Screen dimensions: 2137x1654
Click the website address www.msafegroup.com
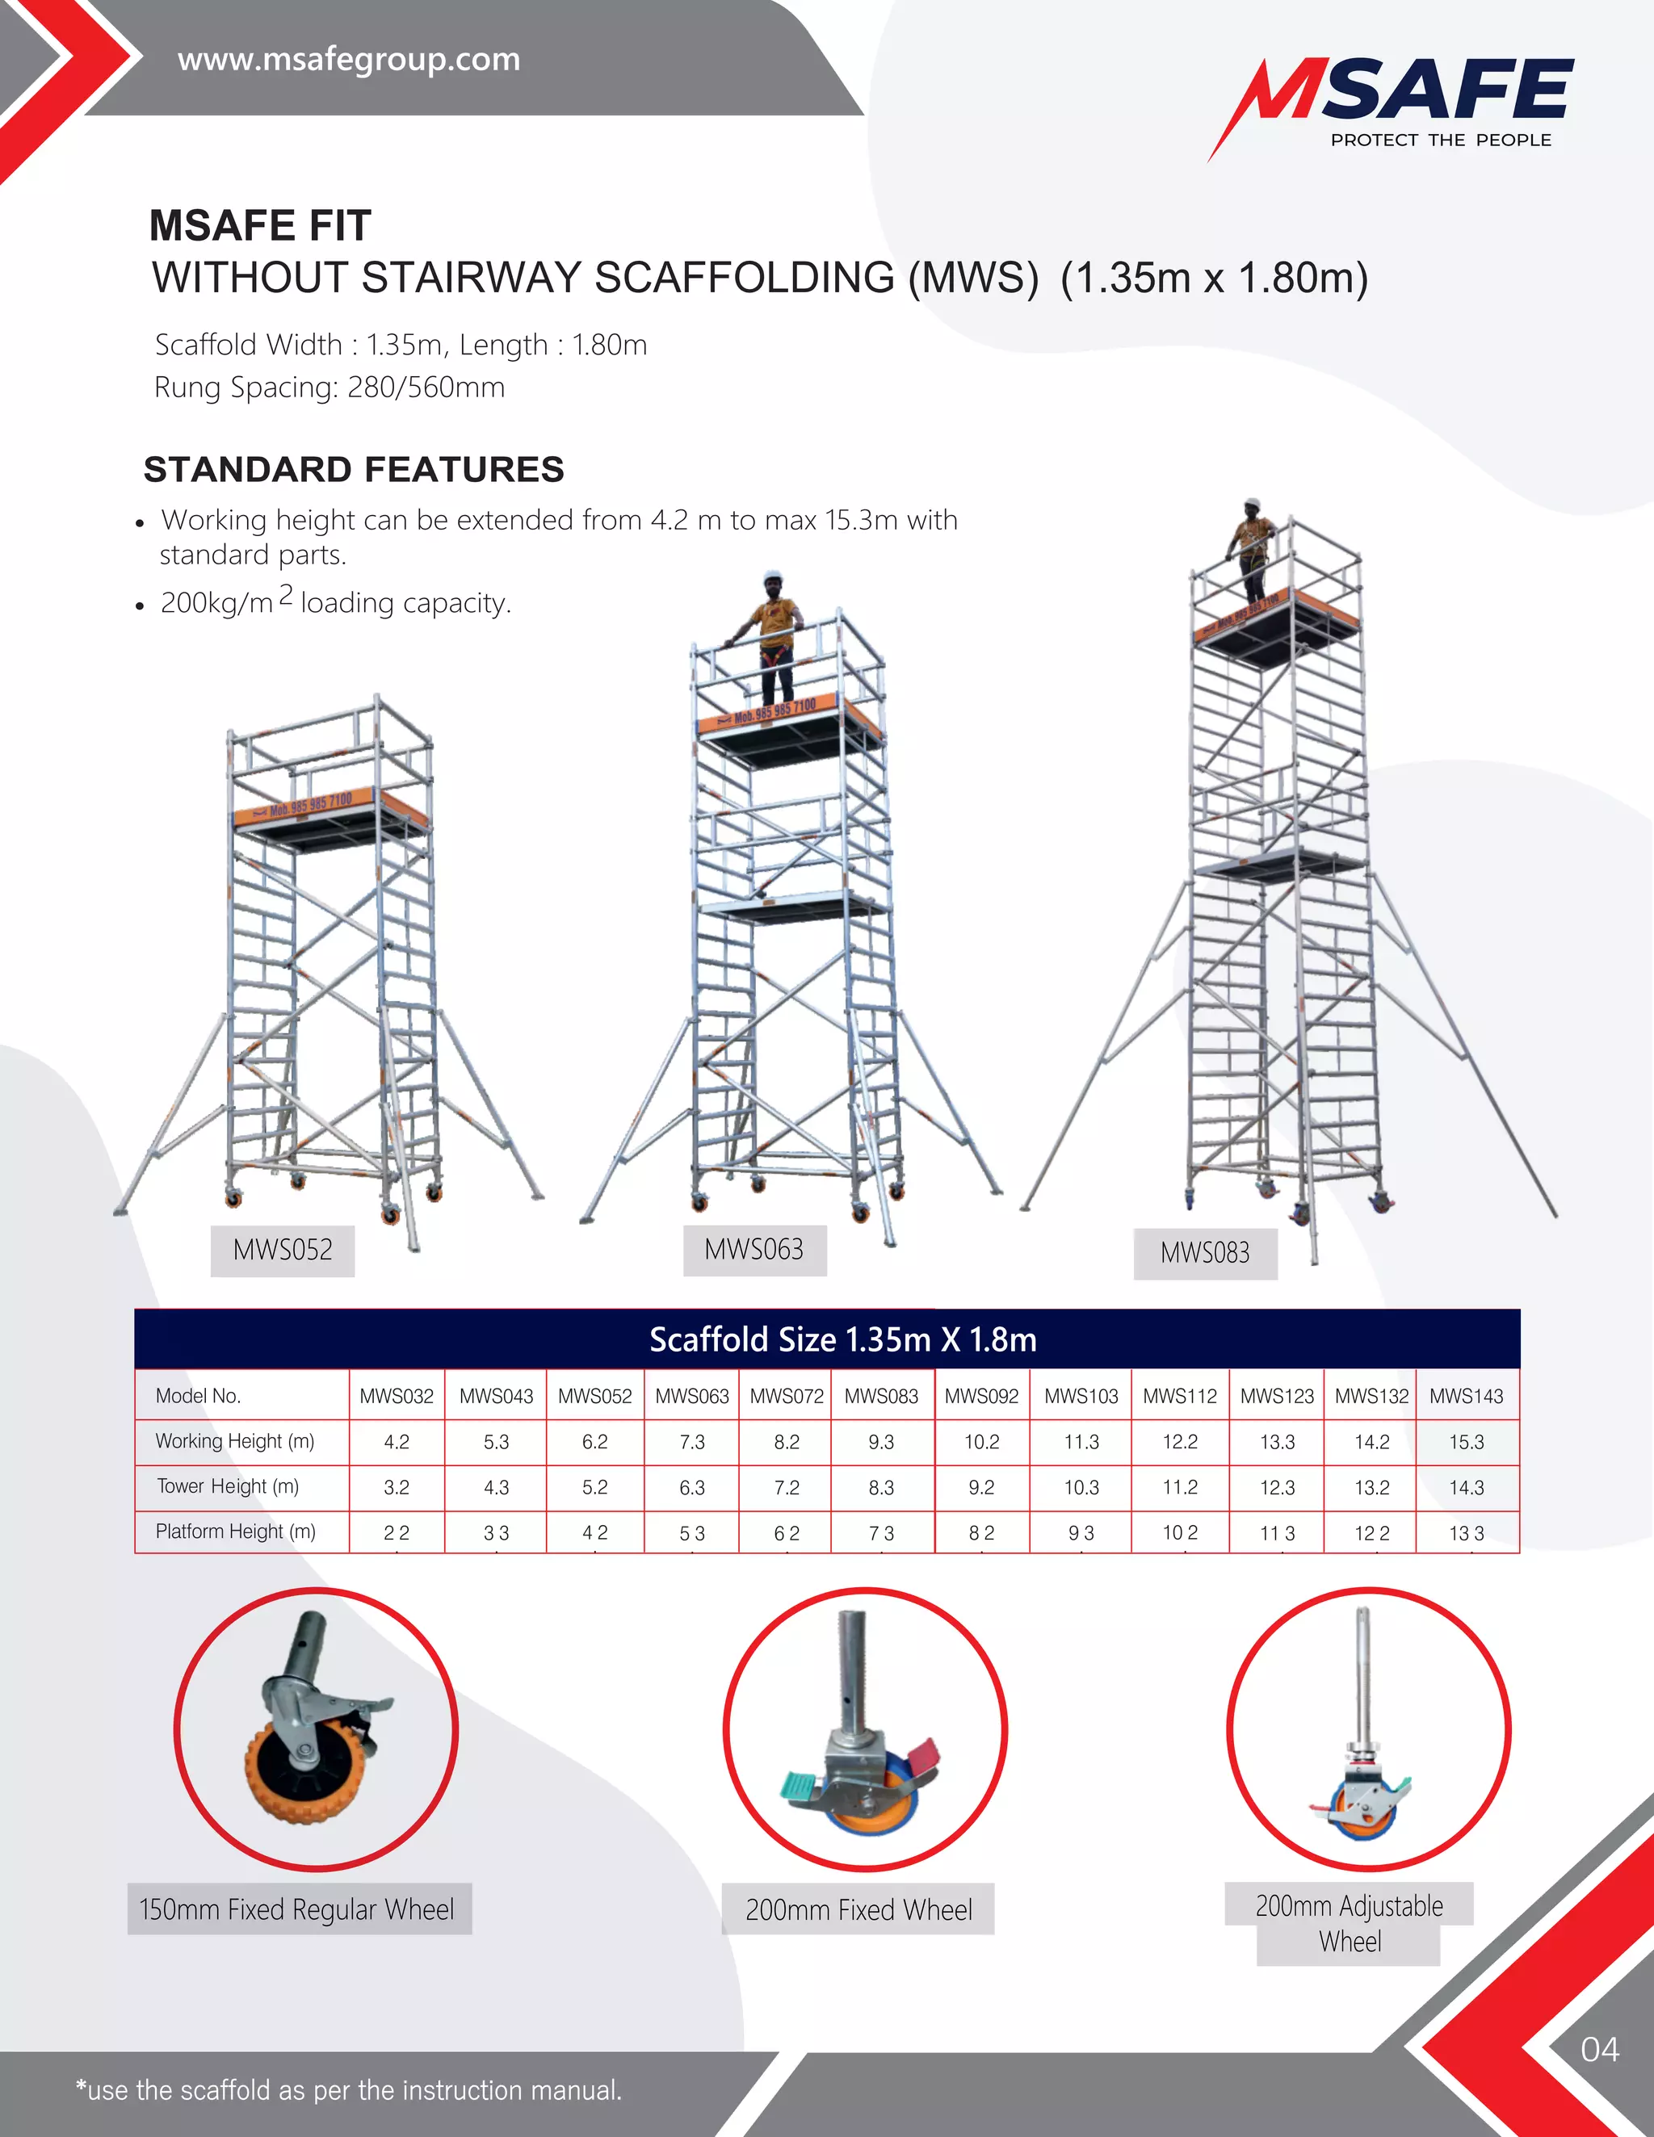coord(348,60)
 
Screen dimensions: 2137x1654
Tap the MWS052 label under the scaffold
coord(282,1250)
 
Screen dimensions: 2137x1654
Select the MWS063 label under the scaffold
coord(754,1250)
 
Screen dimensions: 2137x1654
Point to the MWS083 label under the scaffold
coord(1205,1252)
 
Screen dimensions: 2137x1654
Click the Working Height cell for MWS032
coord(397,1442)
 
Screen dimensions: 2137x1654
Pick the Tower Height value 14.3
coord(1466,1487)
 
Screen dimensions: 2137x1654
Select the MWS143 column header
coord(1466,1397)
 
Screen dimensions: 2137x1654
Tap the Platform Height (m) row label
coord(236,1532)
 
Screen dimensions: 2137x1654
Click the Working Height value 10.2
coord(981,1442)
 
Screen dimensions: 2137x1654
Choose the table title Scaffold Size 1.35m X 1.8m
coord(842,1339)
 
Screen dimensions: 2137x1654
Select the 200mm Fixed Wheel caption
coord(858,1909)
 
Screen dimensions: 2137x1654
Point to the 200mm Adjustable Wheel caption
coord(1349,1923)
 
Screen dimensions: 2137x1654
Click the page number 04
coord(1599,2049)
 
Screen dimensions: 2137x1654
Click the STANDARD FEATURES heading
coord(355,470)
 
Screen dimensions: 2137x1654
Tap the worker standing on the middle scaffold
coord(776,636)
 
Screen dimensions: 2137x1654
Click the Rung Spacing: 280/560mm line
coord(330,388)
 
